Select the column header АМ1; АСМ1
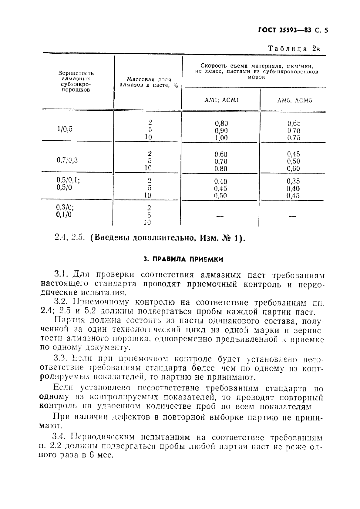point(221,100)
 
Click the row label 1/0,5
point(65,129)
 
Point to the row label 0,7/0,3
point(67,160)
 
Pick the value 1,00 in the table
point(221,138)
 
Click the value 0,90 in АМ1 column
point(221,131)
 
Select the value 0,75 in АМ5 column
point(294,138)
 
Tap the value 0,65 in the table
point(294,123)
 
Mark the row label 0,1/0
point(64,215)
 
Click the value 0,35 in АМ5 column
point(293,181)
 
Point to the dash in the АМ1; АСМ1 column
point(220,216)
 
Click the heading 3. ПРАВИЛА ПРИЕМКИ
point(183,260)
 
